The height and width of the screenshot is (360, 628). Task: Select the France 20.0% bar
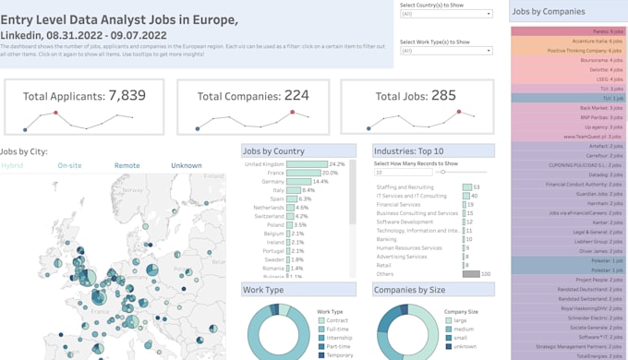click(x=302, y=173)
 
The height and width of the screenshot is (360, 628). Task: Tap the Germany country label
click(x=272, y=182)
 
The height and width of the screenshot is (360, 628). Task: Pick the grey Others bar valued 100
click(x=470, y=274)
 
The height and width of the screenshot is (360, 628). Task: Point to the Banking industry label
click(x=386, y=239)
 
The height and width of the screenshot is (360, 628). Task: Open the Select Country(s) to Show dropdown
click(x=446, y=15)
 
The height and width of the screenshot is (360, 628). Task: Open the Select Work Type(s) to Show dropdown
click(x=446, y=51)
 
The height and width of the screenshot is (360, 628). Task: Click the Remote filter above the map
click(x=127, y=166)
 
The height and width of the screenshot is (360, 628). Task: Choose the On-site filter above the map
click(x=69, y=166)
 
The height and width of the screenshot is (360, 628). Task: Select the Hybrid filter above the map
click(x=12, y=166)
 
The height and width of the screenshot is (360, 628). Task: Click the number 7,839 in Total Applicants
click(x=127, y=95)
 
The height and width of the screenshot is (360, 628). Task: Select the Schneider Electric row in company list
click(x=567, y=317)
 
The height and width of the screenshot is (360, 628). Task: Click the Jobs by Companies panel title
click(x=549, y=12)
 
